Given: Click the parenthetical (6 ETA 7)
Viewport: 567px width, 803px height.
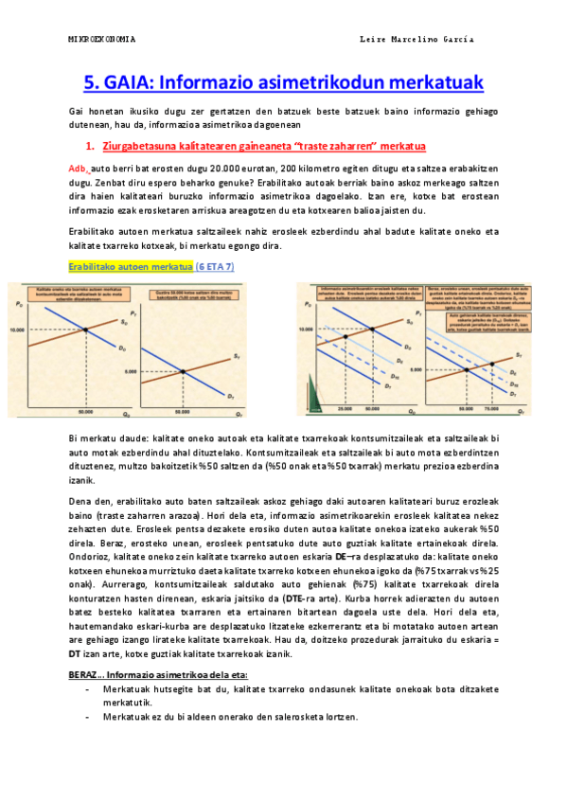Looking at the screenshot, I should click(x=215, y=267).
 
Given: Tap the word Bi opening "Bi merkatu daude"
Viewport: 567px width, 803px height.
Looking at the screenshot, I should click(x=75, y=438).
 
